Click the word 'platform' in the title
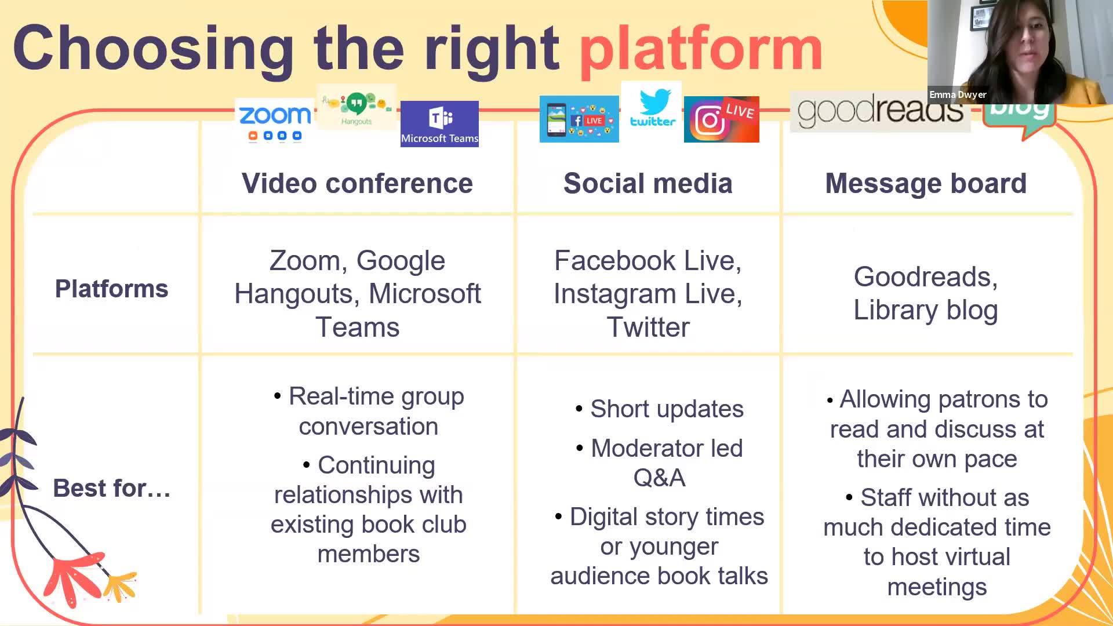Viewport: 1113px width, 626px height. click(701, 50)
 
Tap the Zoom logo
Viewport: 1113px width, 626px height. click(275, 122)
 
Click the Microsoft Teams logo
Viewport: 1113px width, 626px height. click(439, 124)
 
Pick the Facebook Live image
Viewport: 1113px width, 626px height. click(579, 119)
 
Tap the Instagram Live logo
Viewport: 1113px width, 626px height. click(721, 119)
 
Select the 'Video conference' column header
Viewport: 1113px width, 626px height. click(357, 184)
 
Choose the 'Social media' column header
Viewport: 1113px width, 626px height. click(648, 184)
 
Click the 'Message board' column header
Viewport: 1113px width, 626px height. click(926, 184)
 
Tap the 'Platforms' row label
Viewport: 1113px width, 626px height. click(111, 289)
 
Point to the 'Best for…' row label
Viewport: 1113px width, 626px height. click(112, 488)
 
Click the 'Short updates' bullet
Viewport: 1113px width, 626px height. click(660, 409)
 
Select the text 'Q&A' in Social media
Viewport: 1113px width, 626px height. click(659, 478)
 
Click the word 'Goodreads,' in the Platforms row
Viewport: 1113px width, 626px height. click(926, 277)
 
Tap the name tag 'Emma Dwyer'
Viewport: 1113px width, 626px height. click(958, 94)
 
